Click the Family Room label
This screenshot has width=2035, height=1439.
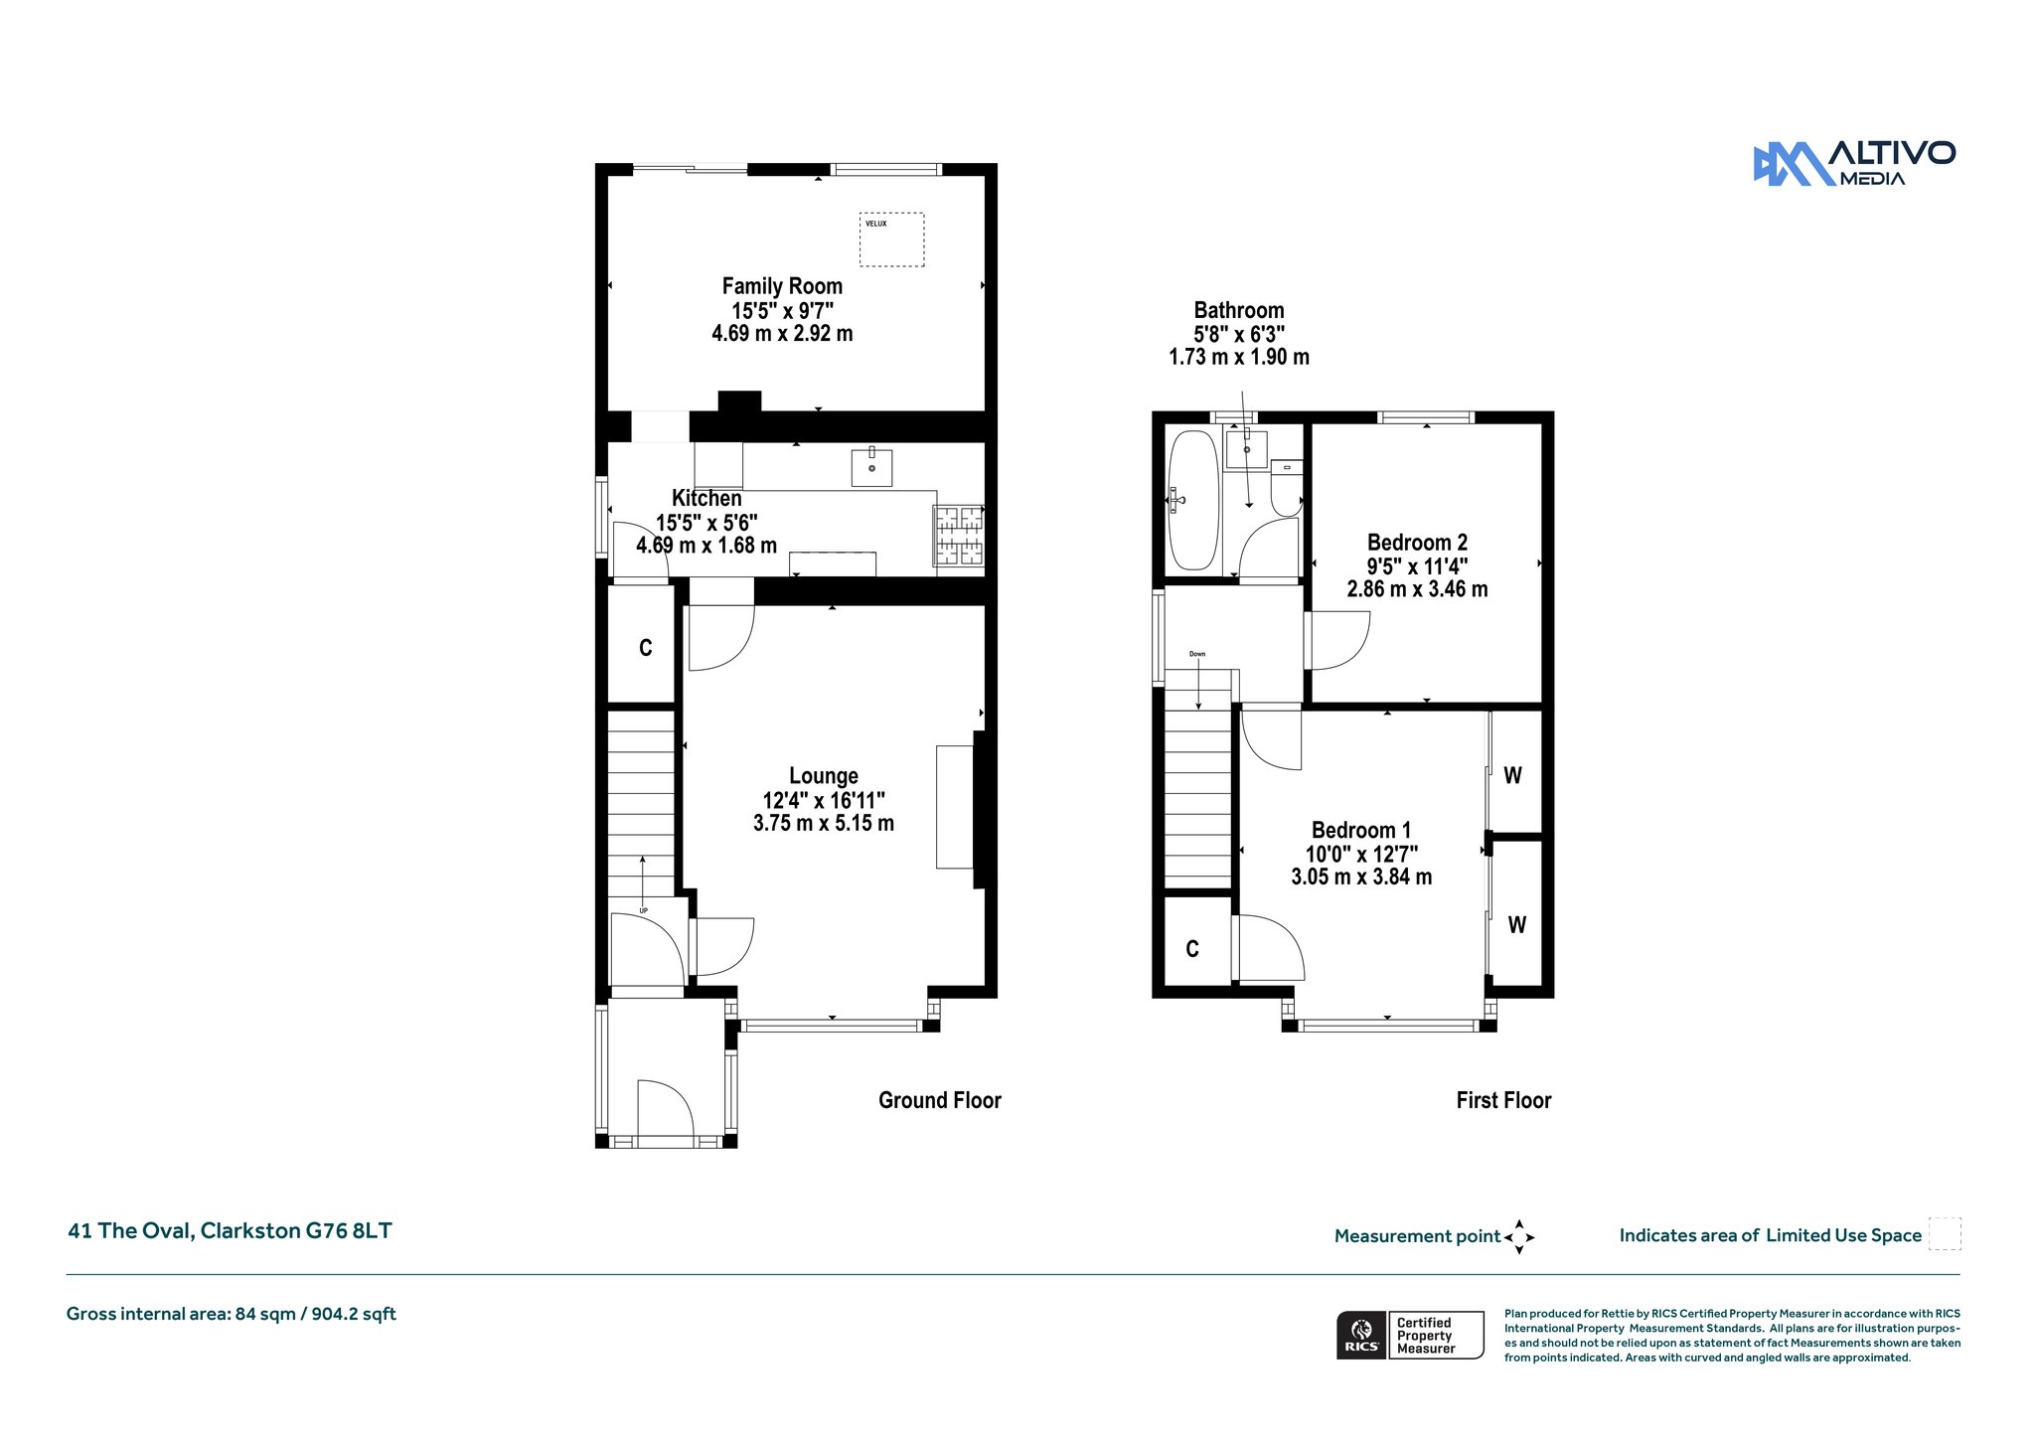point(782,286)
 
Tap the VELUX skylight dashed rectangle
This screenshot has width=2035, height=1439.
point(891,214)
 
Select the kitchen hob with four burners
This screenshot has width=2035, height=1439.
point(958,536)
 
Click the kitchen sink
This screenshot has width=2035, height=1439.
point(871,466)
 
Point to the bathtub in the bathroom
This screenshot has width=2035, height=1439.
point(1192,500)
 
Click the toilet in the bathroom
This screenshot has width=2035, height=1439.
point(1287,488)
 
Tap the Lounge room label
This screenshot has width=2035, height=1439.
point(824,776)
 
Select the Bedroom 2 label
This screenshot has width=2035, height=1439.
point(1417,543)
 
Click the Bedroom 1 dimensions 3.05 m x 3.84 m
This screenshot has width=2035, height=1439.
point(1361,877)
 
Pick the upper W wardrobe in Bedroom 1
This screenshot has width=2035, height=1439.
point(1514,772)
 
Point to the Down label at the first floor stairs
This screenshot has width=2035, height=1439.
point(1197,654)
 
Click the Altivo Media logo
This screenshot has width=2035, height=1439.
point(1854,163)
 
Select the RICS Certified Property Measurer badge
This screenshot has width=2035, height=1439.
point(1410,1335)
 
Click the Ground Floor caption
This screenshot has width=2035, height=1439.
point(940,1100)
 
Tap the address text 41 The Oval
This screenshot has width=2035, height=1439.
point(129,1230)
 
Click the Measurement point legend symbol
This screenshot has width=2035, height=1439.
point(1519,1237)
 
